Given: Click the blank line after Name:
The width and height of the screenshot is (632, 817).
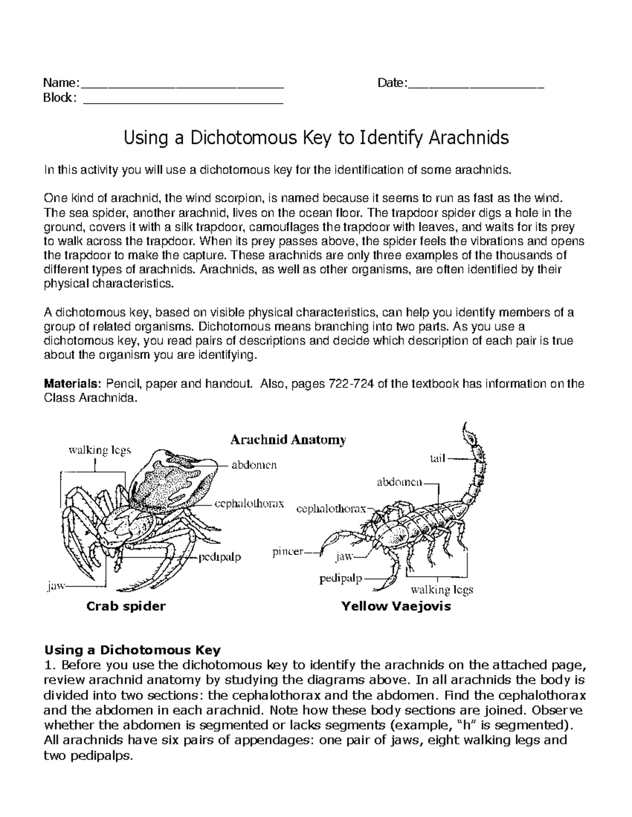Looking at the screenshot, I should (182, 84).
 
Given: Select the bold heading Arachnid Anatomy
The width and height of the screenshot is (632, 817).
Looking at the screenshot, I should (288, 440).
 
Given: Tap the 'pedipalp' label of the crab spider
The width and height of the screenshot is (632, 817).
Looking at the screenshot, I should (220, 557).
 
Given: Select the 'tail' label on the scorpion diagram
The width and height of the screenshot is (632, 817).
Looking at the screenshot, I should (438, 459).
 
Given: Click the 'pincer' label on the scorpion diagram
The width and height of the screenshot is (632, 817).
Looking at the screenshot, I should (288, 552).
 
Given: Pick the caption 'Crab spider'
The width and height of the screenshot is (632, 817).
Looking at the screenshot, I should (126, 606).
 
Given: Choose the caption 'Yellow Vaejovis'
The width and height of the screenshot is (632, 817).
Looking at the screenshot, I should (396, 606).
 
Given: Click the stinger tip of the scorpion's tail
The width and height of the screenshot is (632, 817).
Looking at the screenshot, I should (466, 426).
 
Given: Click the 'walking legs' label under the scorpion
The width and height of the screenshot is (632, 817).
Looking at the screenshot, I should (442, 589).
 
